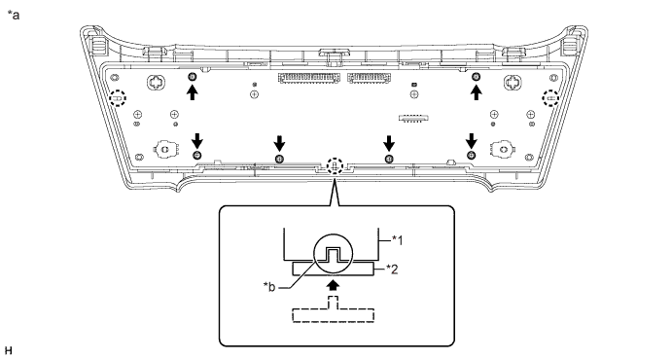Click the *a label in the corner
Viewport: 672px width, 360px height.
pos(13,13)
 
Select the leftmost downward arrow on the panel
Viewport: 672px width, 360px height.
pos(196,140)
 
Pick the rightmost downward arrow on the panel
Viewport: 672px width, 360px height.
pos(472,140)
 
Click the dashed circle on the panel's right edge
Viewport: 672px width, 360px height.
pos(550,98)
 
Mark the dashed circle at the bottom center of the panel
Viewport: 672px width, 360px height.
pos(335,166)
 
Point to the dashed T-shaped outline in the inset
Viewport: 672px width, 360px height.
pos(335,310)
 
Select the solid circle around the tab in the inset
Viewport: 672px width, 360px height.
pos(334,256)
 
